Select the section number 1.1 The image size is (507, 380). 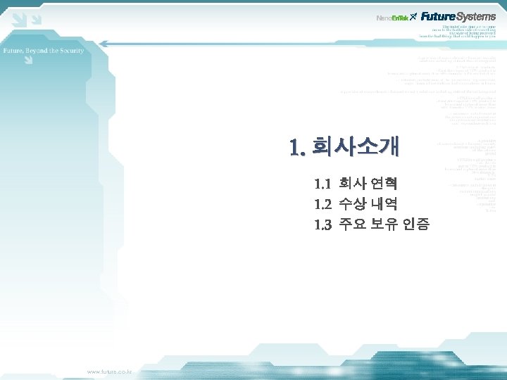click(x=323, y=184)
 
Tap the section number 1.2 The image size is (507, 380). click(x=323, y=205)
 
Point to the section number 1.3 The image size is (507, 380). click(x=323, y=225)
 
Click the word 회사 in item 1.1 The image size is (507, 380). click(x=352, y=184)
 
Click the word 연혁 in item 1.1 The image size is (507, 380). click(x=384, y=184)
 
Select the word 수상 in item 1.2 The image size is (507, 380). click(x=352, y=205)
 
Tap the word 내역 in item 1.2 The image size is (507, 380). click(x=384, y=205)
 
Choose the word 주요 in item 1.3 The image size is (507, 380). click(x=352, y=225)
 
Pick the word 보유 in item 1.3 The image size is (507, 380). click(x=384, y=225)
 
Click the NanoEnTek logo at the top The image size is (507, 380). click(x=393, y=17)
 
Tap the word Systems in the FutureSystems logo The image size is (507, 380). click(x=477, y=16)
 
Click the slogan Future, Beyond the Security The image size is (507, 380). click(x=44, y=51)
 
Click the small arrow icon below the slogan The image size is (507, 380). click(x=27, y=61)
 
